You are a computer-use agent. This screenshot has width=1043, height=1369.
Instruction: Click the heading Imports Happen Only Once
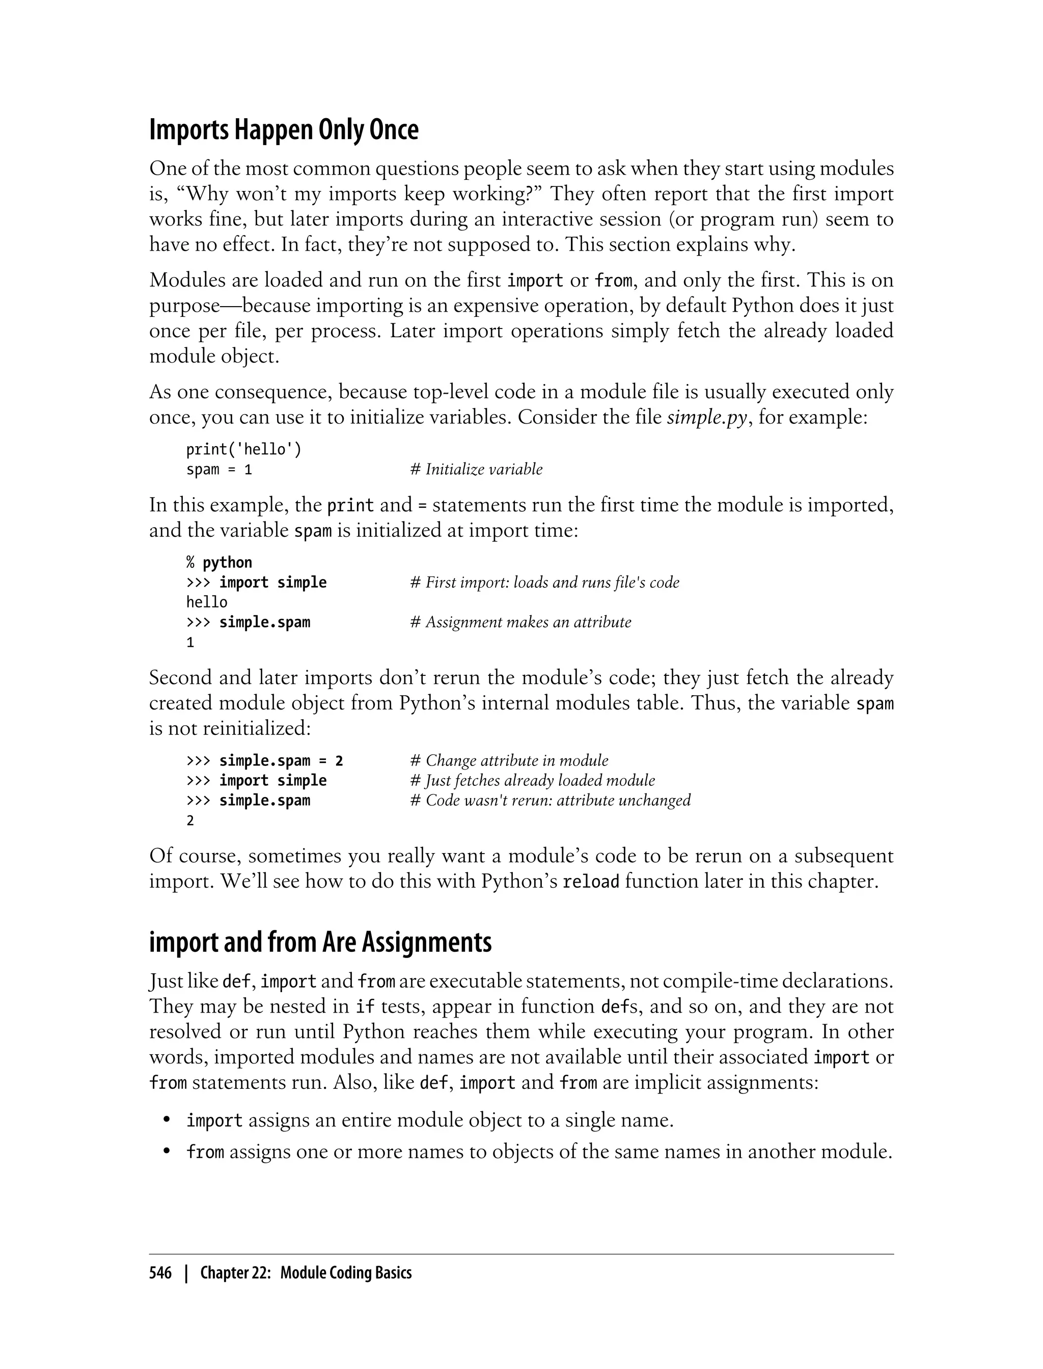tap(284, 130)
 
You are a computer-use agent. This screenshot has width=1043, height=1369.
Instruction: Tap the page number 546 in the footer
tap(160, 1273)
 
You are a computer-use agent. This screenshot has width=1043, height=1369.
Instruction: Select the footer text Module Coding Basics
tap(346, 1273)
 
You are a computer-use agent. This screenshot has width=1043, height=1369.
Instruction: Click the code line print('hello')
tap(243, 449)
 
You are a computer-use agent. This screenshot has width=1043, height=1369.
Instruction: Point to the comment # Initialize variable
tap(476, 470)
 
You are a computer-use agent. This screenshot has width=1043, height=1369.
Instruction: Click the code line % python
tap(219, 562)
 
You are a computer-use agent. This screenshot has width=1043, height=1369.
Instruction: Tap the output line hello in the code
tap(207, 602)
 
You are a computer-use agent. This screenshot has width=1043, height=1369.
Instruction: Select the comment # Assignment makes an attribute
tap(520, 622)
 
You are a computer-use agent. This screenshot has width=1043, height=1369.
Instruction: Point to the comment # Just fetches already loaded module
tap(532, 780)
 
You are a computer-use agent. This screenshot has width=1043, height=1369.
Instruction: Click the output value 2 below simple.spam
tap(190, 821)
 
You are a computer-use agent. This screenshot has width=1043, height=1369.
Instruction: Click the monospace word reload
tap(590, 882)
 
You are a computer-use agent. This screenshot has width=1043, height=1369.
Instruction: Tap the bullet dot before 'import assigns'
tap(167, 1119)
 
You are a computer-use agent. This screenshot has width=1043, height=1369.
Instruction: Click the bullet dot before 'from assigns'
tap(167, 1152)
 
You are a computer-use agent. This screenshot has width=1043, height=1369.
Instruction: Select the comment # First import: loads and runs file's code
tap(544, 582)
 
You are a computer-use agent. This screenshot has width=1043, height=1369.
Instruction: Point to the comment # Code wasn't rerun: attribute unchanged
tap(550, 800)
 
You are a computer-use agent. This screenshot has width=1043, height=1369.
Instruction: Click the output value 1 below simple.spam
tap(190, 643)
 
